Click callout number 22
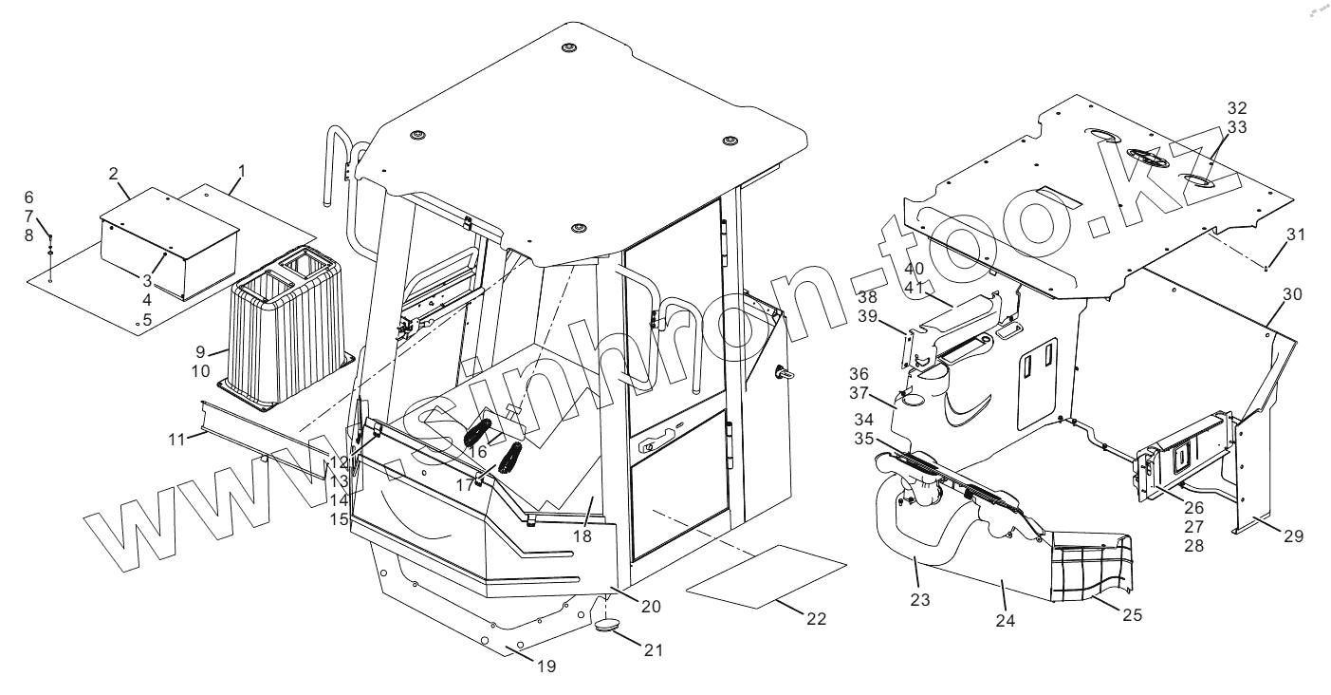pos(816,619)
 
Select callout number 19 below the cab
pos(545,667)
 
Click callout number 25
pos(1131,614)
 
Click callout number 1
pos(242,171)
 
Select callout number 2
pos(113,174)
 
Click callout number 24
pos(1005,622)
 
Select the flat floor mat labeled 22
pos(765,575)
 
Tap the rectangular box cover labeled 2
pos(171,237)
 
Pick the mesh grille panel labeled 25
pos(1091,566)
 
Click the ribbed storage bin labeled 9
pos(289,332)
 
